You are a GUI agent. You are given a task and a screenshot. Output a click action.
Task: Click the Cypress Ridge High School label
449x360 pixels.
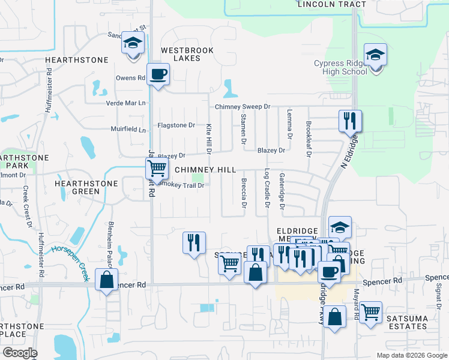point(340,67)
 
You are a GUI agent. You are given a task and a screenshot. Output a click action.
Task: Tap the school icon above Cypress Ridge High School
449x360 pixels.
point(376,56)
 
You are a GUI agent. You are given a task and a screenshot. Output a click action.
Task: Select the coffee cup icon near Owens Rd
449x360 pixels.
point(158,74)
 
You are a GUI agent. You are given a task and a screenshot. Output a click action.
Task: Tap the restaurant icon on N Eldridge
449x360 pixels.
point(349,121)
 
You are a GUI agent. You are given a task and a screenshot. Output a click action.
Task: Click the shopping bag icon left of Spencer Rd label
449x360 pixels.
point(107,280)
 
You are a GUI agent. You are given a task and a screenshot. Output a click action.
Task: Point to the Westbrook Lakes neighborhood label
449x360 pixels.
point(187,55)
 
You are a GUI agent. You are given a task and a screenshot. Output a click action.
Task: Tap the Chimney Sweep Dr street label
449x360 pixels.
point(243,107)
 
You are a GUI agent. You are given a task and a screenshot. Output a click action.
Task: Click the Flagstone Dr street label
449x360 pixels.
point(176,125)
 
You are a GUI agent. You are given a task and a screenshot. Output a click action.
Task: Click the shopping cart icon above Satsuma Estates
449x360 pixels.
point(370,312)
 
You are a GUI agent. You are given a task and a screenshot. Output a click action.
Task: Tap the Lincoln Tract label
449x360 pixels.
point(331,4)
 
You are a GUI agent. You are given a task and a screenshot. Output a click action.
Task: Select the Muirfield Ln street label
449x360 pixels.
point(128,130)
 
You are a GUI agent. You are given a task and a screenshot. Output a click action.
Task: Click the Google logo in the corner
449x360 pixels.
point(20,352)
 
